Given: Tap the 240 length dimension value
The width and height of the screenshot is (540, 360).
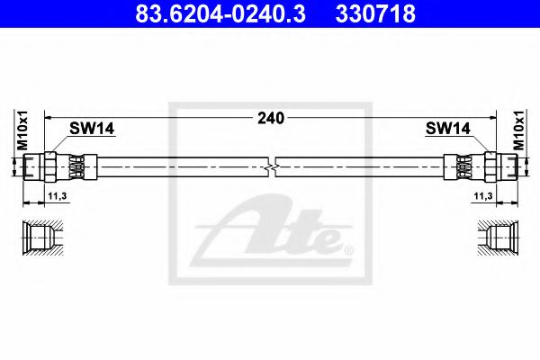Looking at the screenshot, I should point(270,117).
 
